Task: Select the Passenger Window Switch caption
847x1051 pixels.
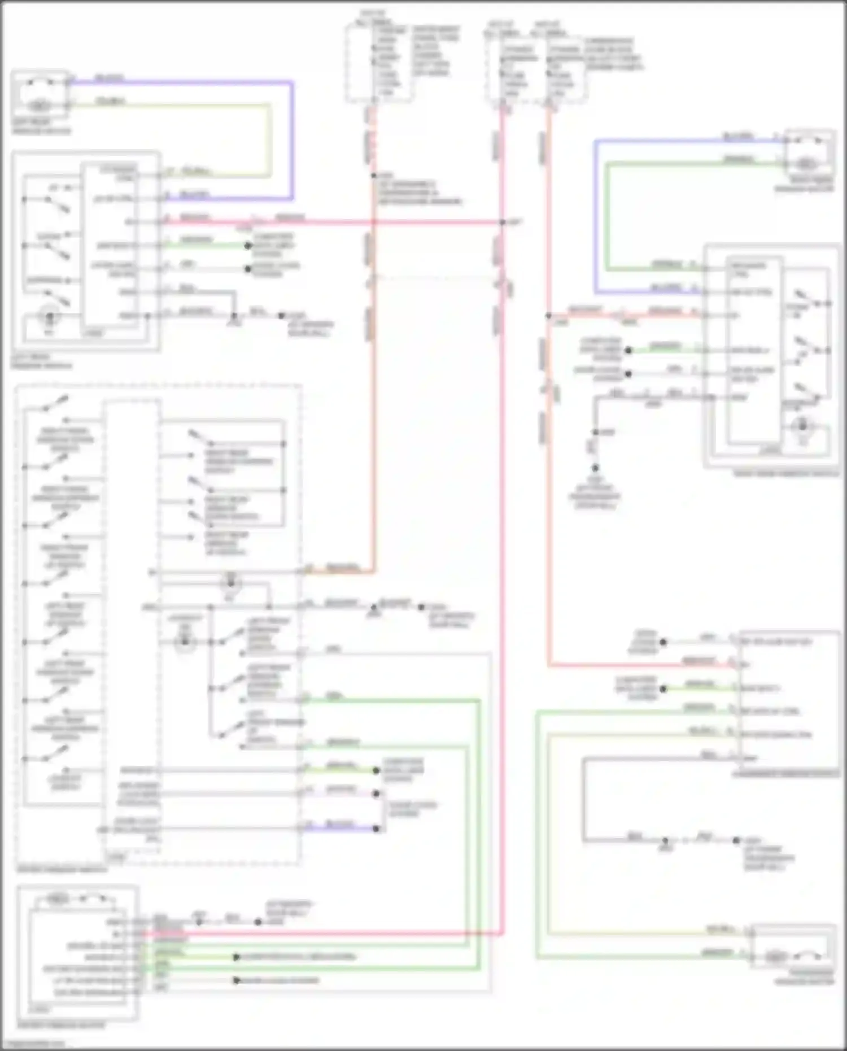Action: [785, 774]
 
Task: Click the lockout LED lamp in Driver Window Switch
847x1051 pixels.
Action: [184, 642]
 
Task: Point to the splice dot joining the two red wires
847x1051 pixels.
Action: [502, 223]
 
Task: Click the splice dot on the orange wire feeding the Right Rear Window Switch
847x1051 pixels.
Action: [548, 316]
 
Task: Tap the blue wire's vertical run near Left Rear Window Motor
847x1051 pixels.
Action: [292, 141]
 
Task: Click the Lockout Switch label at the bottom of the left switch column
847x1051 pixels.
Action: [65, 782]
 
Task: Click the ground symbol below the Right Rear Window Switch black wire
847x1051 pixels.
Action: [595, 468]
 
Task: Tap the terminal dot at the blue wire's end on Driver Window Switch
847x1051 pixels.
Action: [376, 828]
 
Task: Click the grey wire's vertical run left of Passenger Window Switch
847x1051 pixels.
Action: [583, 799]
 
